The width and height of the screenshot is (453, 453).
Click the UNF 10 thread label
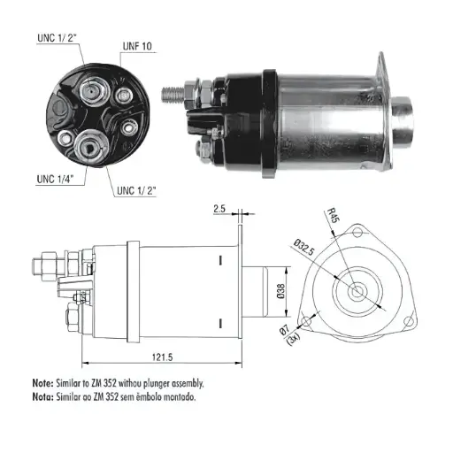click(x=137, y=46)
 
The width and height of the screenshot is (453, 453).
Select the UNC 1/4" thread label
click(x=55, y=179)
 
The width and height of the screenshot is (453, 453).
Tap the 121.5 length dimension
click(x=162, y=357)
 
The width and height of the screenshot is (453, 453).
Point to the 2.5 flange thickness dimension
click(x=219, y=209)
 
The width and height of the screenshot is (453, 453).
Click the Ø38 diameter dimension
click(x=281, y=291)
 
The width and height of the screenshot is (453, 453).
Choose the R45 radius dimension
click(x=334, y=215)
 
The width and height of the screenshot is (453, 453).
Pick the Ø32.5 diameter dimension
click(x=304, y=247)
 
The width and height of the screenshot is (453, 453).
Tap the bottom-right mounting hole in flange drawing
click(x=409, y=321)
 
